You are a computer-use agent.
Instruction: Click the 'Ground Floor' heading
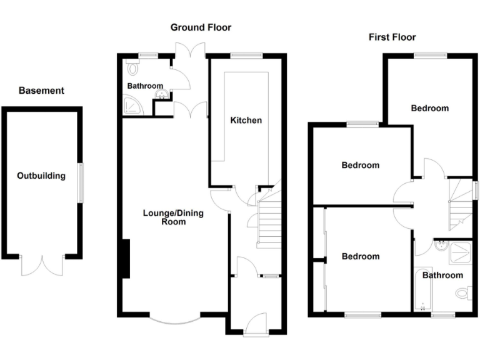click(201, 27)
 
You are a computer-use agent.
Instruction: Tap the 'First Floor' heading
click(392, 37)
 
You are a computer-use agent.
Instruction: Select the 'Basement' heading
click(41, 91)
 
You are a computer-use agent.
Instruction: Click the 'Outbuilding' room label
click(41, 176)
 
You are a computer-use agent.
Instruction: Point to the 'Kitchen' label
click(246, 120)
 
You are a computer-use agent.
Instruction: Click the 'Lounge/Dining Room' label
click(173, 217)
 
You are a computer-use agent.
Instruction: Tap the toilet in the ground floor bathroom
click(130, 68)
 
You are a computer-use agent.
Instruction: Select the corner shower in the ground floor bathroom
click(132, 107)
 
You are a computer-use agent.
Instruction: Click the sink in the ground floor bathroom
click(162, 96)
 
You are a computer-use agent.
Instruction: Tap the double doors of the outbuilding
click(41, 264)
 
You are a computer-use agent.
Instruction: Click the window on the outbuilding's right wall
click(80, 182)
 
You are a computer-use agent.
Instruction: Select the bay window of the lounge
click(176, 318)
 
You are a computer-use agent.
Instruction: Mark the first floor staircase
click(461, 203)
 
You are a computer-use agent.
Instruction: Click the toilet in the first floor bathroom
click(463, 292)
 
